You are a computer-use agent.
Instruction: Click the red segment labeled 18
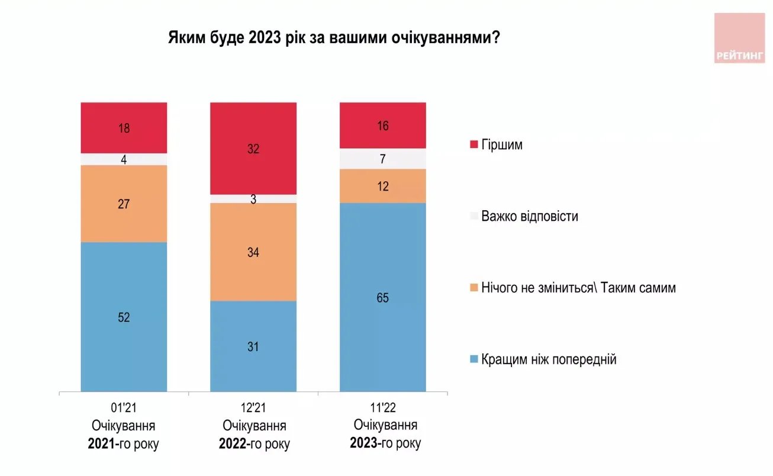pyautogui.click(x=124, y=127)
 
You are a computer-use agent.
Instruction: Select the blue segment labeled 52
pyautogui.click(x=124, y=317)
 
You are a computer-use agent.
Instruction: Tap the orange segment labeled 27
pyautogui.click(x=124, y=204)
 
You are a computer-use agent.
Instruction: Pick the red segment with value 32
pyautogui.click(x=253, y=149)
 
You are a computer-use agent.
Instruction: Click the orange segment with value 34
pyautogui.click(x=253, y=252)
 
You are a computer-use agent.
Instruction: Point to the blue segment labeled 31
pyautogui.click(x=253, y=346)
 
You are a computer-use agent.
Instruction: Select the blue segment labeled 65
pyautogui.click(x=382, y=297)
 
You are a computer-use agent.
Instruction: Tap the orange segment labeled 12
pyautogui.click(x=382, y=186)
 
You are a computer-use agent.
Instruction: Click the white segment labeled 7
pyautogui.click(x=382, y=159)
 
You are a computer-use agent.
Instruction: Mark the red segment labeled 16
pyautogui.click(x=382, y=125)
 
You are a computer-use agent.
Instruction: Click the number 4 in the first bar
pyautogui.click(x=124, y=159)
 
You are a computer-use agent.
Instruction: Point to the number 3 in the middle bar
pyautogui.click(x=253, y=199)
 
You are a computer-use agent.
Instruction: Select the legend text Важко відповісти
pyautogui.click(x=529, y=216)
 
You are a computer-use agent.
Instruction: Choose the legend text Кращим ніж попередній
pyautogui.click(x=549, y=359)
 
